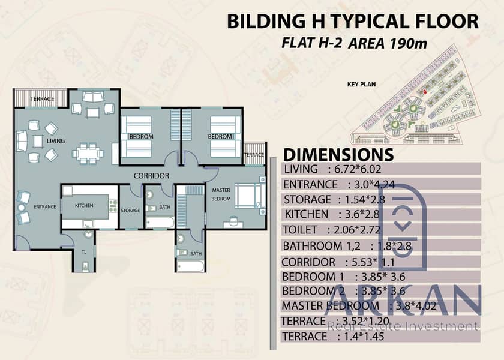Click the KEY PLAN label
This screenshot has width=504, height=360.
tap(361, 85)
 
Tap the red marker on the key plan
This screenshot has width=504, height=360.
tap(425, 92)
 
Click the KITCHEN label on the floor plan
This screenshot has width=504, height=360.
tap(84, 205)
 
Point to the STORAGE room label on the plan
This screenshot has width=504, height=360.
tap(130, 211)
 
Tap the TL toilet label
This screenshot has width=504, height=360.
tap(84, 252)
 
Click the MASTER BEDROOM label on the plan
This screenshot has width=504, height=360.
tap(221, 194)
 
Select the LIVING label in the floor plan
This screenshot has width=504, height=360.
tap(56, 141)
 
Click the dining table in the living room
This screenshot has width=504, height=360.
tap(88, 154)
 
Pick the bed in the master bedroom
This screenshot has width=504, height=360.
tap(248, 196)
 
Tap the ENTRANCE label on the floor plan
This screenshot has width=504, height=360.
tap(45, 207)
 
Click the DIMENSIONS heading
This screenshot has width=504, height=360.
tap(338, 155)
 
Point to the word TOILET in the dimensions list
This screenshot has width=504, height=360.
tap(300, 230)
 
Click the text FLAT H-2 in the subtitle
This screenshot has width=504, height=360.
tap(311, 43)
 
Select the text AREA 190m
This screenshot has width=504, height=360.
tap(388, 43)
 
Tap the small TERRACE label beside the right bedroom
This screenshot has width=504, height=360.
tap(254, 155)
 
